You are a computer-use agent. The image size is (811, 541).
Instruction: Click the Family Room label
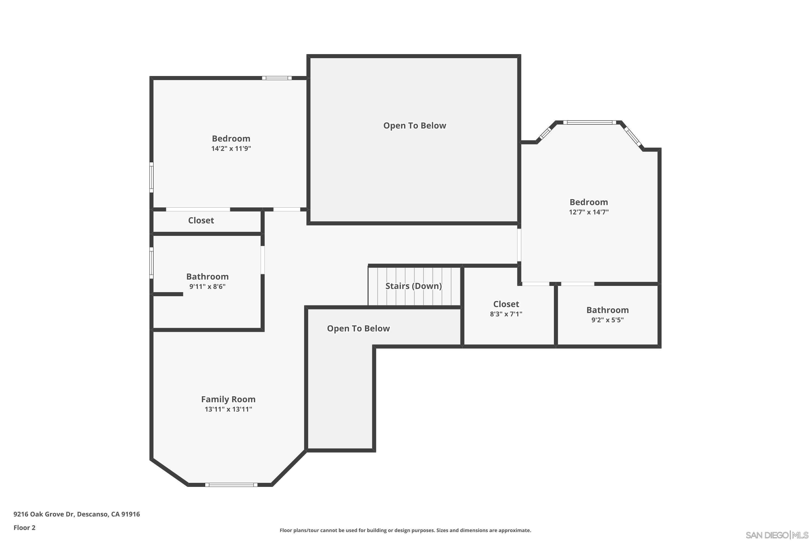228,399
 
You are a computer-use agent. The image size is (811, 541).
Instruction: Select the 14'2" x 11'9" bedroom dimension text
231,149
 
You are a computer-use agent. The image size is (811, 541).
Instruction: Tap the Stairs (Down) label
413,286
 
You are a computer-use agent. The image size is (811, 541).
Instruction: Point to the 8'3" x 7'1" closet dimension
506,314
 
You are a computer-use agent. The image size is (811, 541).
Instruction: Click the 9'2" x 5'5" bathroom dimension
607,320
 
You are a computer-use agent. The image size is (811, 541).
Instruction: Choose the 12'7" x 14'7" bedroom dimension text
589,212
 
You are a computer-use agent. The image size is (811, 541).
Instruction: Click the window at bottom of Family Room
231,485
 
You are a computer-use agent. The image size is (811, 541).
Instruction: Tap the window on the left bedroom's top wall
277,78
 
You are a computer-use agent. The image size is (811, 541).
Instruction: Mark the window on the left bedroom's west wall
151,177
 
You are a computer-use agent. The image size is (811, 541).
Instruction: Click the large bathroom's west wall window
151,263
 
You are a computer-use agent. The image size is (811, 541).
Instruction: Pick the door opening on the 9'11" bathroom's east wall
262,260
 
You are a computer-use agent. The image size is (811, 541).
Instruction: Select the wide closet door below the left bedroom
198,209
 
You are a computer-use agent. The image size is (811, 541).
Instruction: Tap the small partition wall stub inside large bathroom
168,294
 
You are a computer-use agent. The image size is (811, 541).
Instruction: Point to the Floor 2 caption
25,527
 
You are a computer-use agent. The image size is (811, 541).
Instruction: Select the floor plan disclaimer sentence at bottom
405,530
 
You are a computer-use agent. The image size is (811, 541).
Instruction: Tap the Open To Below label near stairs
358,328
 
